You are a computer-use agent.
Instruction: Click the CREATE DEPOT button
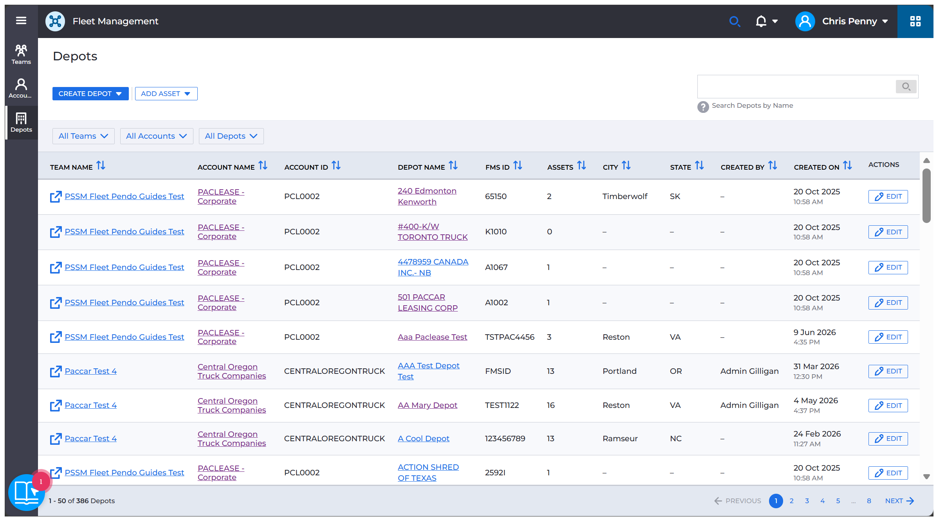[x=90, y=94]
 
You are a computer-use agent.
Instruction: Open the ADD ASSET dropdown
[x=166, y=94]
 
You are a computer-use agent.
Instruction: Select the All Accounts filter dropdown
[x=157, y=136]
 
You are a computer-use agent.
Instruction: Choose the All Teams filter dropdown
[x=83, y=136]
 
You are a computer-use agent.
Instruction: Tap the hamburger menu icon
[x=21, y=21]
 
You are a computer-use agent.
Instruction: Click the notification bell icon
[x=761, y=21]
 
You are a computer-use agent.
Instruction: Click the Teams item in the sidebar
[x=21, y=54]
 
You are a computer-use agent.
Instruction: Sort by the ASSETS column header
[x=567, y=167]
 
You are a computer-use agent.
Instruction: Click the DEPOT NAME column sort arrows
[x=453, y=166]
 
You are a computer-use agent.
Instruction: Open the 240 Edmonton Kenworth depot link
[x=427, y=196]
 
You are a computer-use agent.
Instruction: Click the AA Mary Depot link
[x=428, y=405]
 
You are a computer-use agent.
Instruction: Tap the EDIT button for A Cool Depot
[x=888, y=438]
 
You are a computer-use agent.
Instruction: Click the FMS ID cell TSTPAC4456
[x=510, y=337]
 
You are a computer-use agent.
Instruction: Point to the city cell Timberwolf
[x=625, y=196]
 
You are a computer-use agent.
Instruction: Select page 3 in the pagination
[x=807, y=501]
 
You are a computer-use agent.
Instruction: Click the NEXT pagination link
[x=899, y=501]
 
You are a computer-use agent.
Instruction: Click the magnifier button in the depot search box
[x=906, y=87]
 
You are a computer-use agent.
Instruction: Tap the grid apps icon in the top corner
[x=915, y=21]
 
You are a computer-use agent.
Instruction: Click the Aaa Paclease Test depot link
[x=432, y=337]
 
